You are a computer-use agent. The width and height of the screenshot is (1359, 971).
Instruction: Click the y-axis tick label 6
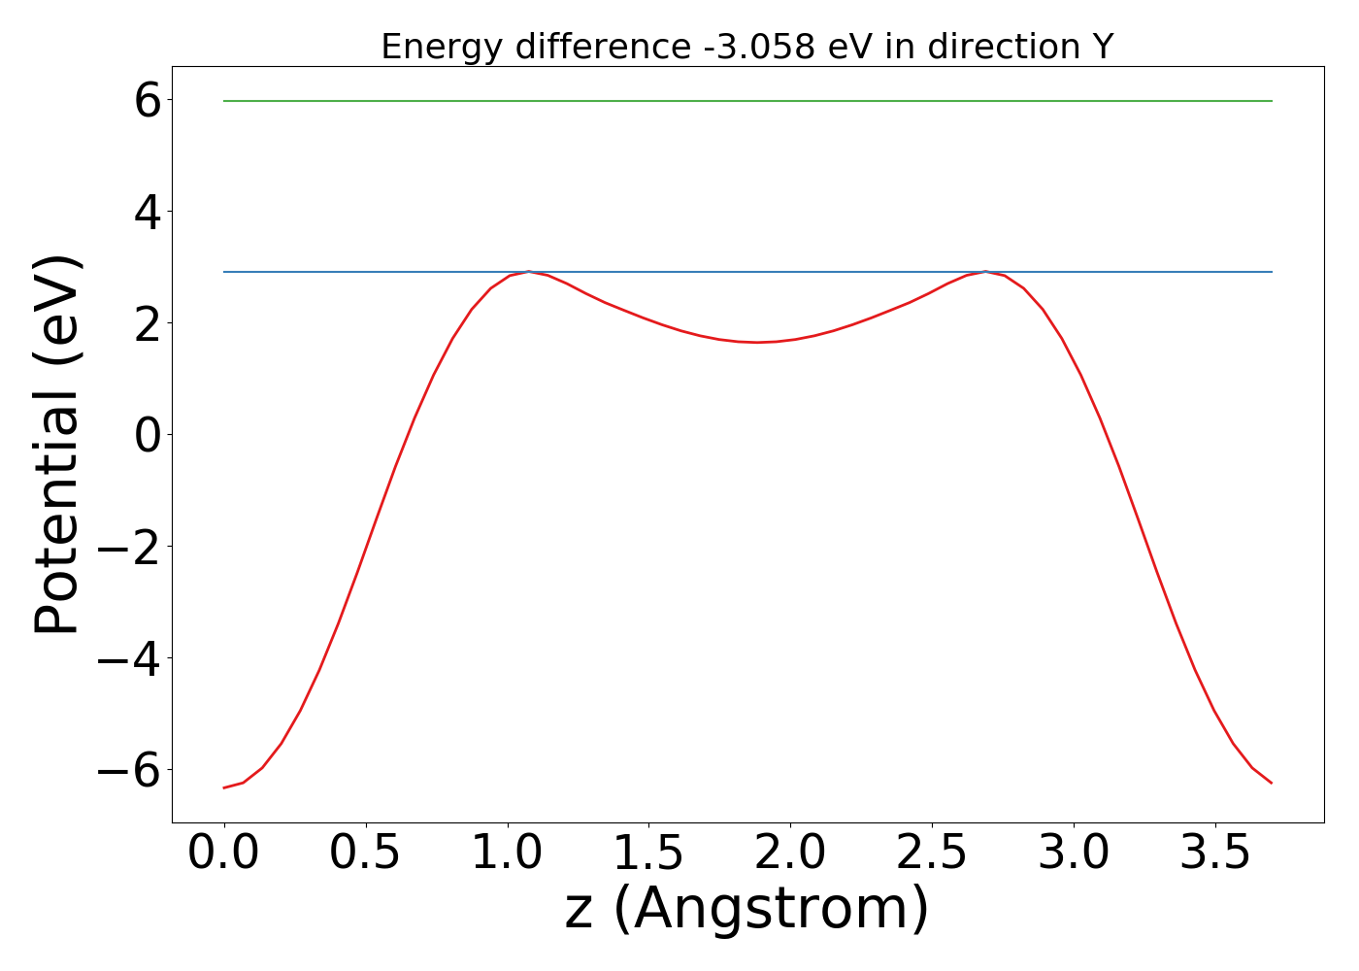click(148, 100)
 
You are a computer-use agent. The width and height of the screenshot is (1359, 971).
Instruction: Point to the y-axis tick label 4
click(148, 212)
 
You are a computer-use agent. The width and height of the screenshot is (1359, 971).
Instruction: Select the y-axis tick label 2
click(148, 323)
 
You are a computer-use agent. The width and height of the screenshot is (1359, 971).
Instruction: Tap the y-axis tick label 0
click(148, 435)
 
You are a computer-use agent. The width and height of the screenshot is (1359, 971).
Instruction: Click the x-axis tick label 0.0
click(224, 854)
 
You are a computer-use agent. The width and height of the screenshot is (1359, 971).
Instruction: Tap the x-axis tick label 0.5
click(366, 854)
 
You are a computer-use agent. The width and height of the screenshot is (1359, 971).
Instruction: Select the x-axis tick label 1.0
click(508, 854)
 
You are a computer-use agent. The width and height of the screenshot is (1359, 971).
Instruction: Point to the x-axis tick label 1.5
click(649, 854)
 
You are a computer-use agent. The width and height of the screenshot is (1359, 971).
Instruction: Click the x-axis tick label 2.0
click(790, 854)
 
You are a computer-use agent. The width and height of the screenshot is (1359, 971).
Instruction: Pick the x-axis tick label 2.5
click(932, 854)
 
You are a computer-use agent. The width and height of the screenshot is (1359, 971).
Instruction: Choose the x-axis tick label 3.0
click(1074, 854)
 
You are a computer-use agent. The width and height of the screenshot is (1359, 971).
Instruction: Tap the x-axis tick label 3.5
click(1215, 854)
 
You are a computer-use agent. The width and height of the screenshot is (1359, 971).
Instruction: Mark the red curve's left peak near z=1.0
click(528, 272)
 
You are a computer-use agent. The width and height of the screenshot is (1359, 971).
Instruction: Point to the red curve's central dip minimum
click(757, 342)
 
